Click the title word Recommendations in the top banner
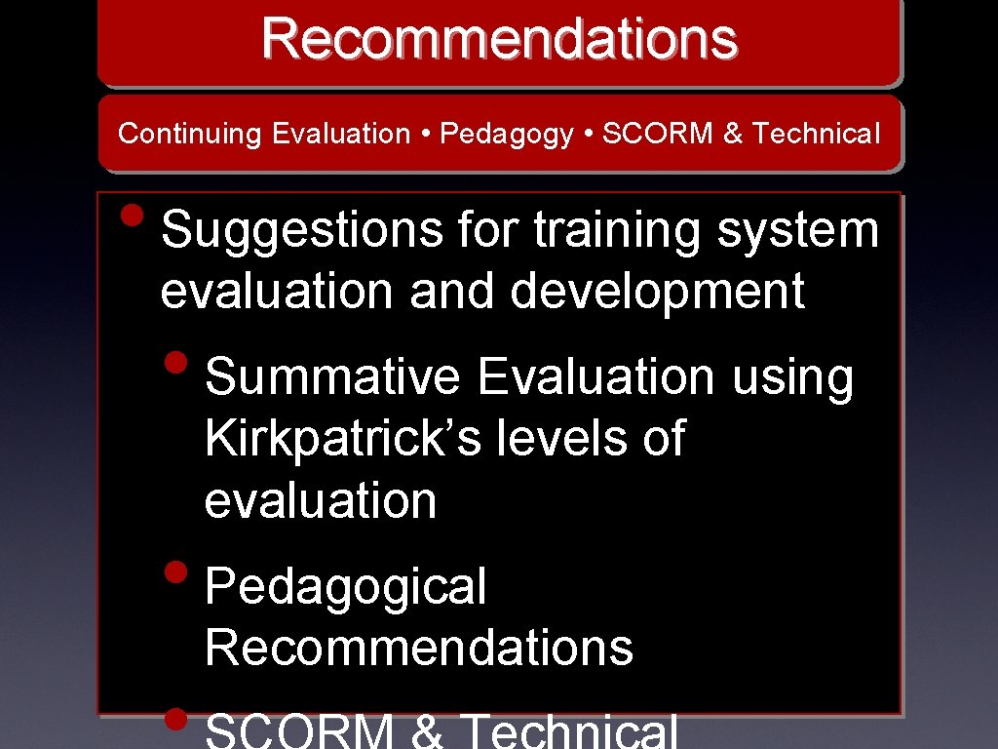pos(499,39)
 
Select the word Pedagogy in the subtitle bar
pos(507,135)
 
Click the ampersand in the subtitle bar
pos(732,134)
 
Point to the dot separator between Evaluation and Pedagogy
pos(426,134)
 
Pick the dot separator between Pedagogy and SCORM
pos(588,134)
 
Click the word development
pos(655,291)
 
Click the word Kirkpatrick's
pos(343,439)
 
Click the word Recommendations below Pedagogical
pos(419,647)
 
